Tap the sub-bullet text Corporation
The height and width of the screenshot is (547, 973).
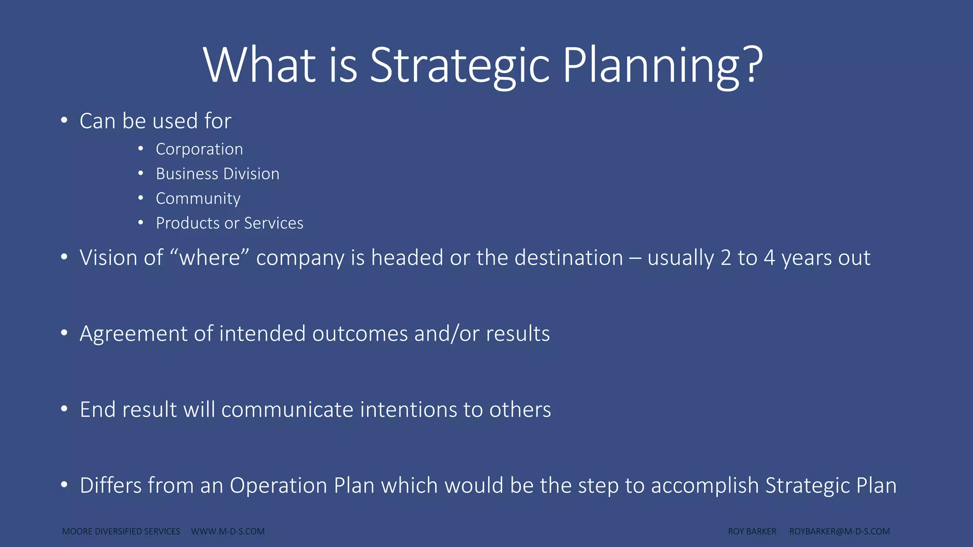tap(199, 149)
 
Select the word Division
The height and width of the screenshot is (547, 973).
tap(251, 174)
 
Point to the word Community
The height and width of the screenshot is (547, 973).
tap(198, 198)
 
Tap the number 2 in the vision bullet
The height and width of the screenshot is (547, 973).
tap(725, 258)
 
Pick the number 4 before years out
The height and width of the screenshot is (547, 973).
tap(769, 258)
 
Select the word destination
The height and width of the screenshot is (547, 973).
tap(569, 258)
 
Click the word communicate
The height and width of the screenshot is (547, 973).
tap(287, 410)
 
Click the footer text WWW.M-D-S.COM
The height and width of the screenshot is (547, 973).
tap(228, 531)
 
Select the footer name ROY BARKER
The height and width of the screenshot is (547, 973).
tap(752, 531)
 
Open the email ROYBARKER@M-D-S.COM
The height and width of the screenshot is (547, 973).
tap(839, 531)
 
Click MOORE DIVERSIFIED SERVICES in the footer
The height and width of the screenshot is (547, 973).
tap(121, 531)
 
